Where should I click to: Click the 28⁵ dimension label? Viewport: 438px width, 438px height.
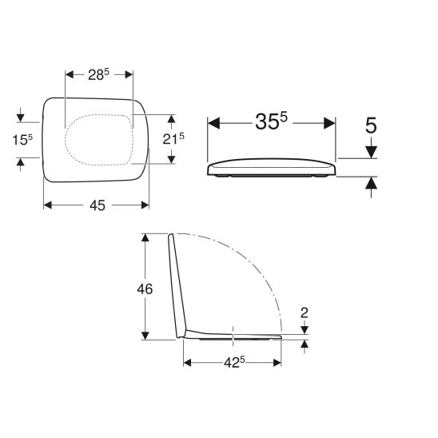(98, 74)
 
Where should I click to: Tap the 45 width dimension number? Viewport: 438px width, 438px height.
(98, 205)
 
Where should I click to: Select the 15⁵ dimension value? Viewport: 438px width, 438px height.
(22, 139)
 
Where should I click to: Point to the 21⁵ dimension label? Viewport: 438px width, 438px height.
(173, 139)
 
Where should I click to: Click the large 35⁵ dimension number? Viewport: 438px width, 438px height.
(271, 121)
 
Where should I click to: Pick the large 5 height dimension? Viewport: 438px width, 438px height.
(371, 125)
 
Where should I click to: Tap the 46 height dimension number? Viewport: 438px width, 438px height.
(145, 289)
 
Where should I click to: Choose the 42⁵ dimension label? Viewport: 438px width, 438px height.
(234, 363)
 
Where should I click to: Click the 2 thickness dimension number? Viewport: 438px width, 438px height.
(305, 313)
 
